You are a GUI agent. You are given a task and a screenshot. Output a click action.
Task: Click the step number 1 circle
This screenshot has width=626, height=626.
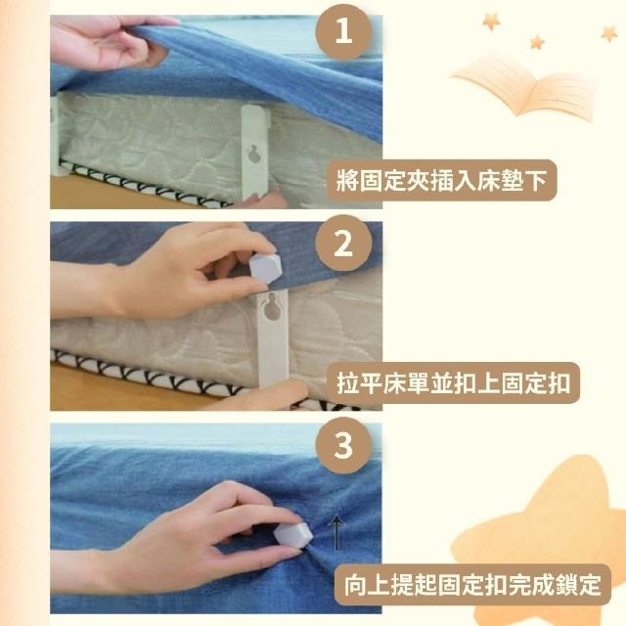[x=343, y=32]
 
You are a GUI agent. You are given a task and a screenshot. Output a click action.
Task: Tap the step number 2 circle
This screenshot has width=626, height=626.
[x=343, y=243]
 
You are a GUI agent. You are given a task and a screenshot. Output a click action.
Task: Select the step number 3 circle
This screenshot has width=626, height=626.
[x=343, y=446]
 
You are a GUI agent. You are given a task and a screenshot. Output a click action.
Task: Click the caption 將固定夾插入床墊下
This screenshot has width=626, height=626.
[x=442, y=180]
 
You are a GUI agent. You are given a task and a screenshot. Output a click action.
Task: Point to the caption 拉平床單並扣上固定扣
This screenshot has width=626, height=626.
[x=453, y=382]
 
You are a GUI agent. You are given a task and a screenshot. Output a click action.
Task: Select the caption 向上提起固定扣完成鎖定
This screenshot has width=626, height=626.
[x=472, y=585]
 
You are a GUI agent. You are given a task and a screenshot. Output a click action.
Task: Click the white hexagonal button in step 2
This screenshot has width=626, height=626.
[x=265, y=267]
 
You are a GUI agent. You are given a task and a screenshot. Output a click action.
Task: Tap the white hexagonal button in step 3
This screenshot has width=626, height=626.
[x=293, y=536]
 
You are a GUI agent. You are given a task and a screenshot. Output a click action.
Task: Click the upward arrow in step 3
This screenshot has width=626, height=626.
[x=337, y=532]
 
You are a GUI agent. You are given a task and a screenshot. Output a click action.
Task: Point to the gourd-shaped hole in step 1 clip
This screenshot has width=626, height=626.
[x=252, y=155]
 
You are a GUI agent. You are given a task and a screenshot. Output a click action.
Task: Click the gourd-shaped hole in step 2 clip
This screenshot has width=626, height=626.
[x=272, y=308]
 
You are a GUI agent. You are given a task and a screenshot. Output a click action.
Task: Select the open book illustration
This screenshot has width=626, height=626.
[x=524, y=85]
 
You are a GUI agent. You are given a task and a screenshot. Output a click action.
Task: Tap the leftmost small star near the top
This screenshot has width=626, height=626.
[x=491, y=22]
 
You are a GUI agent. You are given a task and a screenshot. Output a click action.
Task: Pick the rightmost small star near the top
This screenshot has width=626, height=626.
[x=608, y=33]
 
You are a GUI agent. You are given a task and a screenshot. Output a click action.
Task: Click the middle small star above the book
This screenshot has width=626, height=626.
[x=537, y=41]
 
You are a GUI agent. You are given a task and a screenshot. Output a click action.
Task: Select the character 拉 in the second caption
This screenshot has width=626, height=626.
[x=348, y=383]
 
